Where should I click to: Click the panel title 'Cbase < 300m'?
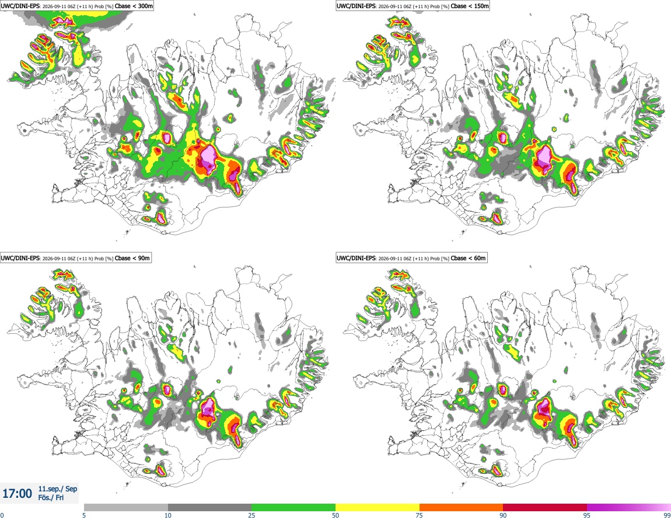click(134, 6)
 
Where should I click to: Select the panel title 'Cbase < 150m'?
click(470, 6)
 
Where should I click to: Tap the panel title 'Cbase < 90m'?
click(132, 258)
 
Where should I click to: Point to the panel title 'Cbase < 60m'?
click(468, 258)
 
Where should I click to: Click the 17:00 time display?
click(17, 494)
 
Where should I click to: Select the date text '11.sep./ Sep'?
click(58, 488)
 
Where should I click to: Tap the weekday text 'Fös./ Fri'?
click(51, 498)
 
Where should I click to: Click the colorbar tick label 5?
click(84, 515)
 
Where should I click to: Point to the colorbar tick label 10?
click(168, 515)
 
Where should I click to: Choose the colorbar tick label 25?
click(251, 515)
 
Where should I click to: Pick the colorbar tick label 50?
click(335, 515)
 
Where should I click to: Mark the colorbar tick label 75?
click(420, 515)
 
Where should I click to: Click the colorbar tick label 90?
click(503, 515)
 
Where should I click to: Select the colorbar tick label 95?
click(587, 515)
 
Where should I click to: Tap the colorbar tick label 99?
click(667, 515)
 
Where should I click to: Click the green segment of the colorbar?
click(293, 508)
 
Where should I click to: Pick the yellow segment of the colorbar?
click(378, 508)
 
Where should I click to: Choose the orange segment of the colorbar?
click(462, 508)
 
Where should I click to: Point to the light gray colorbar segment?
click(126, 508)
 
